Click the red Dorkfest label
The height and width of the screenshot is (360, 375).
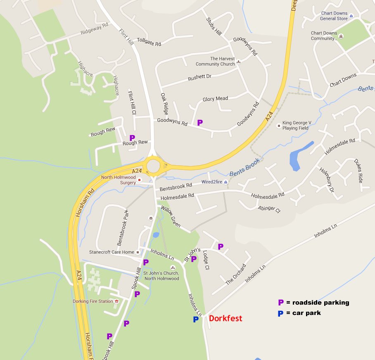[225, 319]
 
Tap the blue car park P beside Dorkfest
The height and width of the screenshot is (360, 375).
[196, 319]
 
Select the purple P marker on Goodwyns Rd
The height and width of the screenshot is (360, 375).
[200, 122]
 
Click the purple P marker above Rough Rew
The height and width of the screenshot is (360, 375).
[132, 138]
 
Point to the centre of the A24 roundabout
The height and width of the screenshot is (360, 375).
[154, 167]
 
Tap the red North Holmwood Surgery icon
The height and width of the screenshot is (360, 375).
[139, 180]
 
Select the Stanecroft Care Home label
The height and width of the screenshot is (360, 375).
[112, 252]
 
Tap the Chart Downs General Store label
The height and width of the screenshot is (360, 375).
[334, 16]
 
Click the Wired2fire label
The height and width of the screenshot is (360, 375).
[212, 182]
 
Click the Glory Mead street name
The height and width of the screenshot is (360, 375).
[215, 99]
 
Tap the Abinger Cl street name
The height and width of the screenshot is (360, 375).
[269, 209]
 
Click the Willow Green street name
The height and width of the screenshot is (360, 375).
[171, 217]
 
